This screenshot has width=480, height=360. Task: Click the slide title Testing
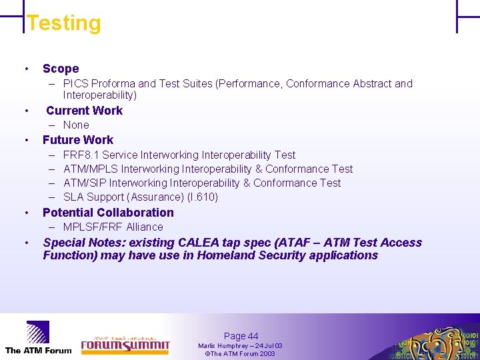64,23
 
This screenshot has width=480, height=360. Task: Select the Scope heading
61,69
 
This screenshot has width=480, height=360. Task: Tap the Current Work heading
84,111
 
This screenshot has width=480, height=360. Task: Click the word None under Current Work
76,125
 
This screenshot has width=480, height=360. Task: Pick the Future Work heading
78,140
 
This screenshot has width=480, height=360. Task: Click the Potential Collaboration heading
108,213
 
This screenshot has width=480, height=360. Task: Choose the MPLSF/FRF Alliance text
113,227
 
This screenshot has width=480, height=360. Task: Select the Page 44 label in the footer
241,337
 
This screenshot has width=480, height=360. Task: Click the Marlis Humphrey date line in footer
240,346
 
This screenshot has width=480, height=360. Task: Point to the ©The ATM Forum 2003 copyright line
240,353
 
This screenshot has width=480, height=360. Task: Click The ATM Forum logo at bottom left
38,338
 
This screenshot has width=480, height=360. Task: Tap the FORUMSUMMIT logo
125,343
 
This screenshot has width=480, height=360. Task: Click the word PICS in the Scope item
75,84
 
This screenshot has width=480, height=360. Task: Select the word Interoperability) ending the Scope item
100,95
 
